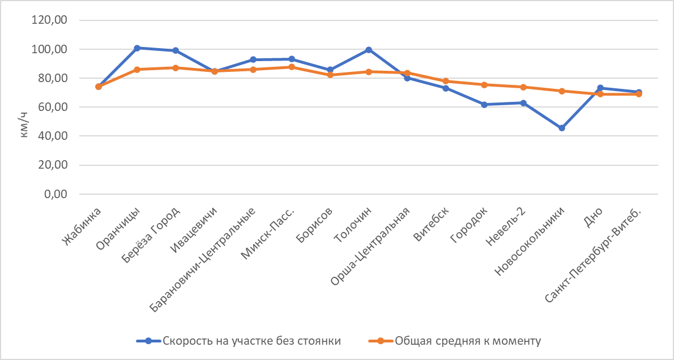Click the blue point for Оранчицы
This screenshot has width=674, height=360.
pos(137,48)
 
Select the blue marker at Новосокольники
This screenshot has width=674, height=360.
pos(562,128)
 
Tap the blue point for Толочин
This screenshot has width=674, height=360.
pos(369,50)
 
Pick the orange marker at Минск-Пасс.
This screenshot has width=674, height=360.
pos(292,67)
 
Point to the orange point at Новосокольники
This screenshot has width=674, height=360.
pos(562,91)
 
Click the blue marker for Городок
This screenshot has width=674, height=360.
pos(484,105)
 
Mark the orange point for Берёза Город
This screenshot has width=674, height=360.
pos(176,68)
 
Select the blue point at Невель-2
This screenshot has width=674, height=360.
pos(523,103)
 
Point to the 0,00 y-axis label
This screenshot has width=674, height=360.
pos(56,194)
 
